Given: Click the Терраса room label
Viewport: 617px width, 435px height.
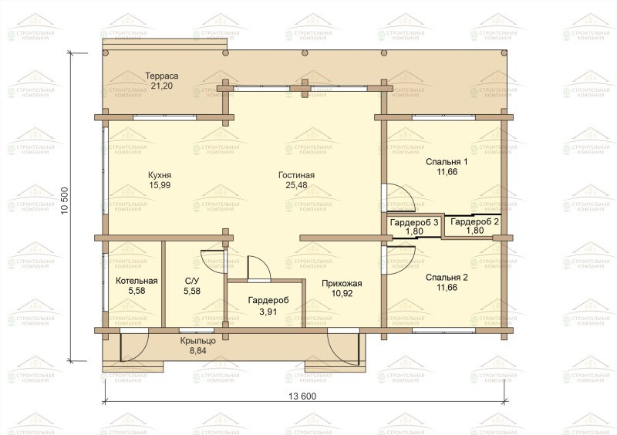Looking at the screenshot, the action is (162, 76).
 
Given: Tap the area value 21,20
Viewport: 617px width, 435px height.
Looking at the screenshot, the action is (162, 86).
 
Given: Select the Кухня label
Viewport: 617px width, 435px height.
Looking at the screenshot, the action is (160, 175).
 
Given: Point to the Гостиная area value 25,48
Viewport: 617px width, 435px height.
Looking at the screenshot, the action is (296, 185).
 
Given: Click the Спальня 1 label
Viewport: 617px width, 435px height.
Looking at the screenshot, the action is (447, 162).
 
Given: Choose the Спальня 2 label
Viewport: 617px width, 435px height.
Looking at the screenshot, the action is (447, 278).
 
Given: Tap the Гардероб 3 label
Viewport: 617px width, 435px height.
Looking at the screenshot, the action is (414, 222).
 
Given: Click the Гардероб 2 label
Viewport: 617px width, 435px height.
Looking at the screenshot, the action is (474, 221).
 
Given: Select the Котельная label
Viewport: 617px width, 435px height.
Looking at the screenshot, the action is (137, 281).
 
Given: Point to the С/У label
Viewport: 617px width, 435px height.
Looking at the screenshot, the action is (192, 281).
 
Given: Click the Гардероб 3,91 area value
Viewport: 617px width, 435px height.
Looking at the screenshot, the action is (268, 312).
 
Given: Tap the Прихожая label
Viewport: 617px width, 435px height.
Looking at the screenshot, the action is (342, 283).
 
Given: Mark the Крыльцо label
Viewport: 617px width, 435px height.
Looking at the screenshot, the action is (198, 341).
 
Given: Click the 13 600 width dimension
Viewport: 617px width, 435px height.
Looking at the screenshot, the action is (302, 396).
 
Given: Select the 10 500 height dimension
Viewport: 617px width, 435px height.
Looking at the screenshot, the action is (65, 201).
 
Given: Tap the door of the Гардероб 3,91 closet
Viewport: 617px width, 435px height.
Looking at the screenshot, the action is (248, 268).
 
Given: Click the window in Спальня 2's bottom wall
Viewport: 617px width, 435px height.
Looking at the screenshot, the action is (444, 330).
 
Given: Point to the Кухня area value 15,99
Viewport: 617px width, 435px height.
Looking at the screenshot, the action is (160, 185).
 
